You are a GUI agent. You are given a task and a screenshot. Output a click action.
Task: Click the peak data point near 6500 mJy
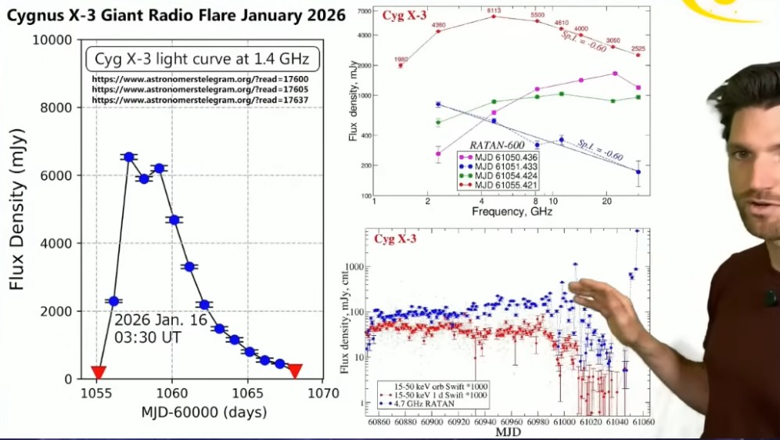(x=129, y=157)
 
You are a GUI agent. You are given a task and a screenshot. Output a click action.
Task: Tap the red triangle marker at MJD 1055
(x=98, y=372)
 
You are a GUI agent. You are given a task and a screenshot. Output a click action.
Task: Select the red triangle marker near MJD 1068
(x=294, y=370)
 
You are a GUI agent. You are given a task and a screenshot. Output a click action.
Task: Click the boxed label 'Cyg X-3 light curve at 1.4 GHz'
(x=202, y=59)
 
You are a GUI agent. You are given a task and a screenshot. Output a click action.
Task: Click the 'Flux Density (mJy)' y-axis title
(x=17, y=209)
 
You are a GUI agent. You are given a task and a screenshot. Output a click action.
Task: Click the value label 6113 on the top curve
(x=493, y=10)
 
